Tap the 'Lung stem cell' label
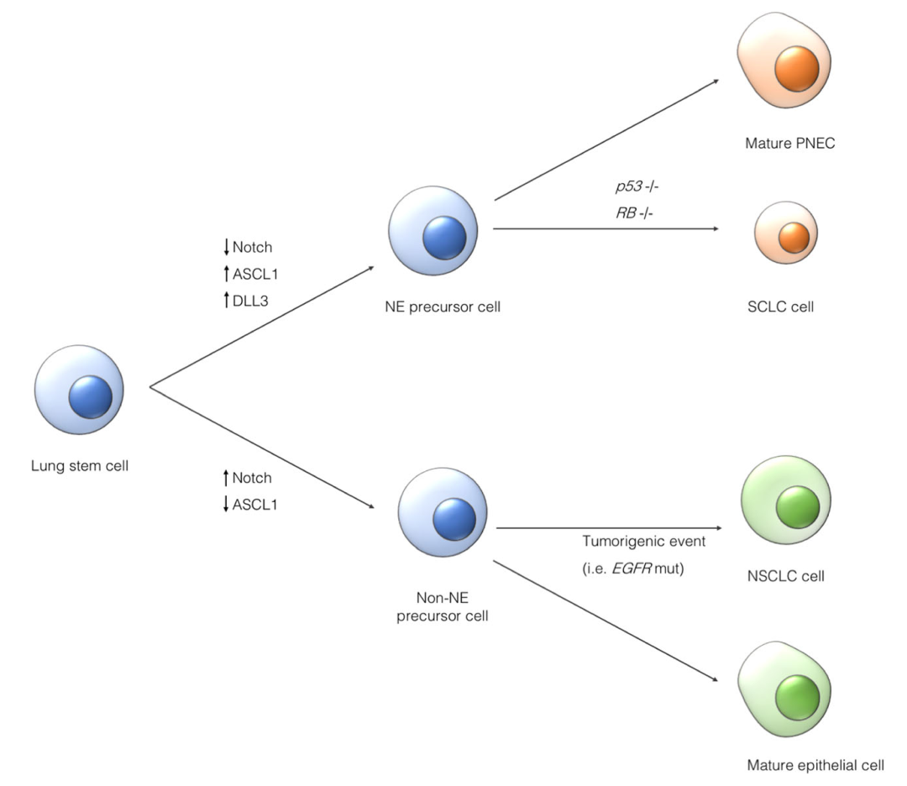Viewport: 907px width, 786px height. (80, 463)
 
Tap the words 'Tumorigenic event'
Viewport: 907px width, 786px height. (643, 542)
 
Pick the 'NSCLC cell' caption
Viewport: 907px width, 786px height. (785, 577)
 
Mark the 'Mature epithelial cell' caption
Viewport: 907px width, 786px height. (815, 765)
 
